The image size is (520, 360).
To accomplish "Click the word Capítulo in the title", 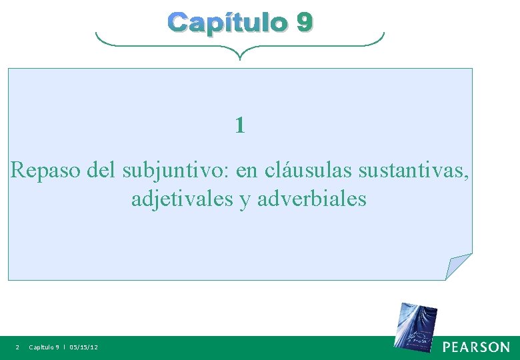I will coord(227,23).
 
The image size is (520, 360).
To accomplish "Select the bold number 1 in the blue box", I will coord(240,125).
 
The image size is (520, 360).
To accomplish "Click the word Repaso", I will coord(46,171).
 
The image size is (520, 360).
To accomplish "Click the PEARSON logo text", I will coord(476,347).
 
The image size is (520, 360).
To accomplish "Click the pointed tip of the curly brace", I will coord(240,57).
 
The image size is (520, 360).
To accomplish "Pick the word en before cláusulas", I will coord(247,171).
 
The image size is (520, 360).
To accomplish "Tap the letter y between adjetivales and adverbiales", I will coord(245,200).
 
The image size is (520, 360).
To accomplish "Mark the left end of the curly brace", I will coord(97,35).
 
